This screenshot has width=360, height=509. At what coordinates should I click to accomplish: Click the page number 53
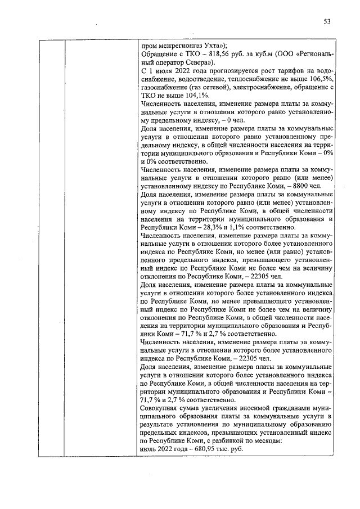tap(327, 22)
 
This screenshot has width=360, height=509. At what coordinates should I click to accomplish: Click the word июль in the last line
tap(148, 452)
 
